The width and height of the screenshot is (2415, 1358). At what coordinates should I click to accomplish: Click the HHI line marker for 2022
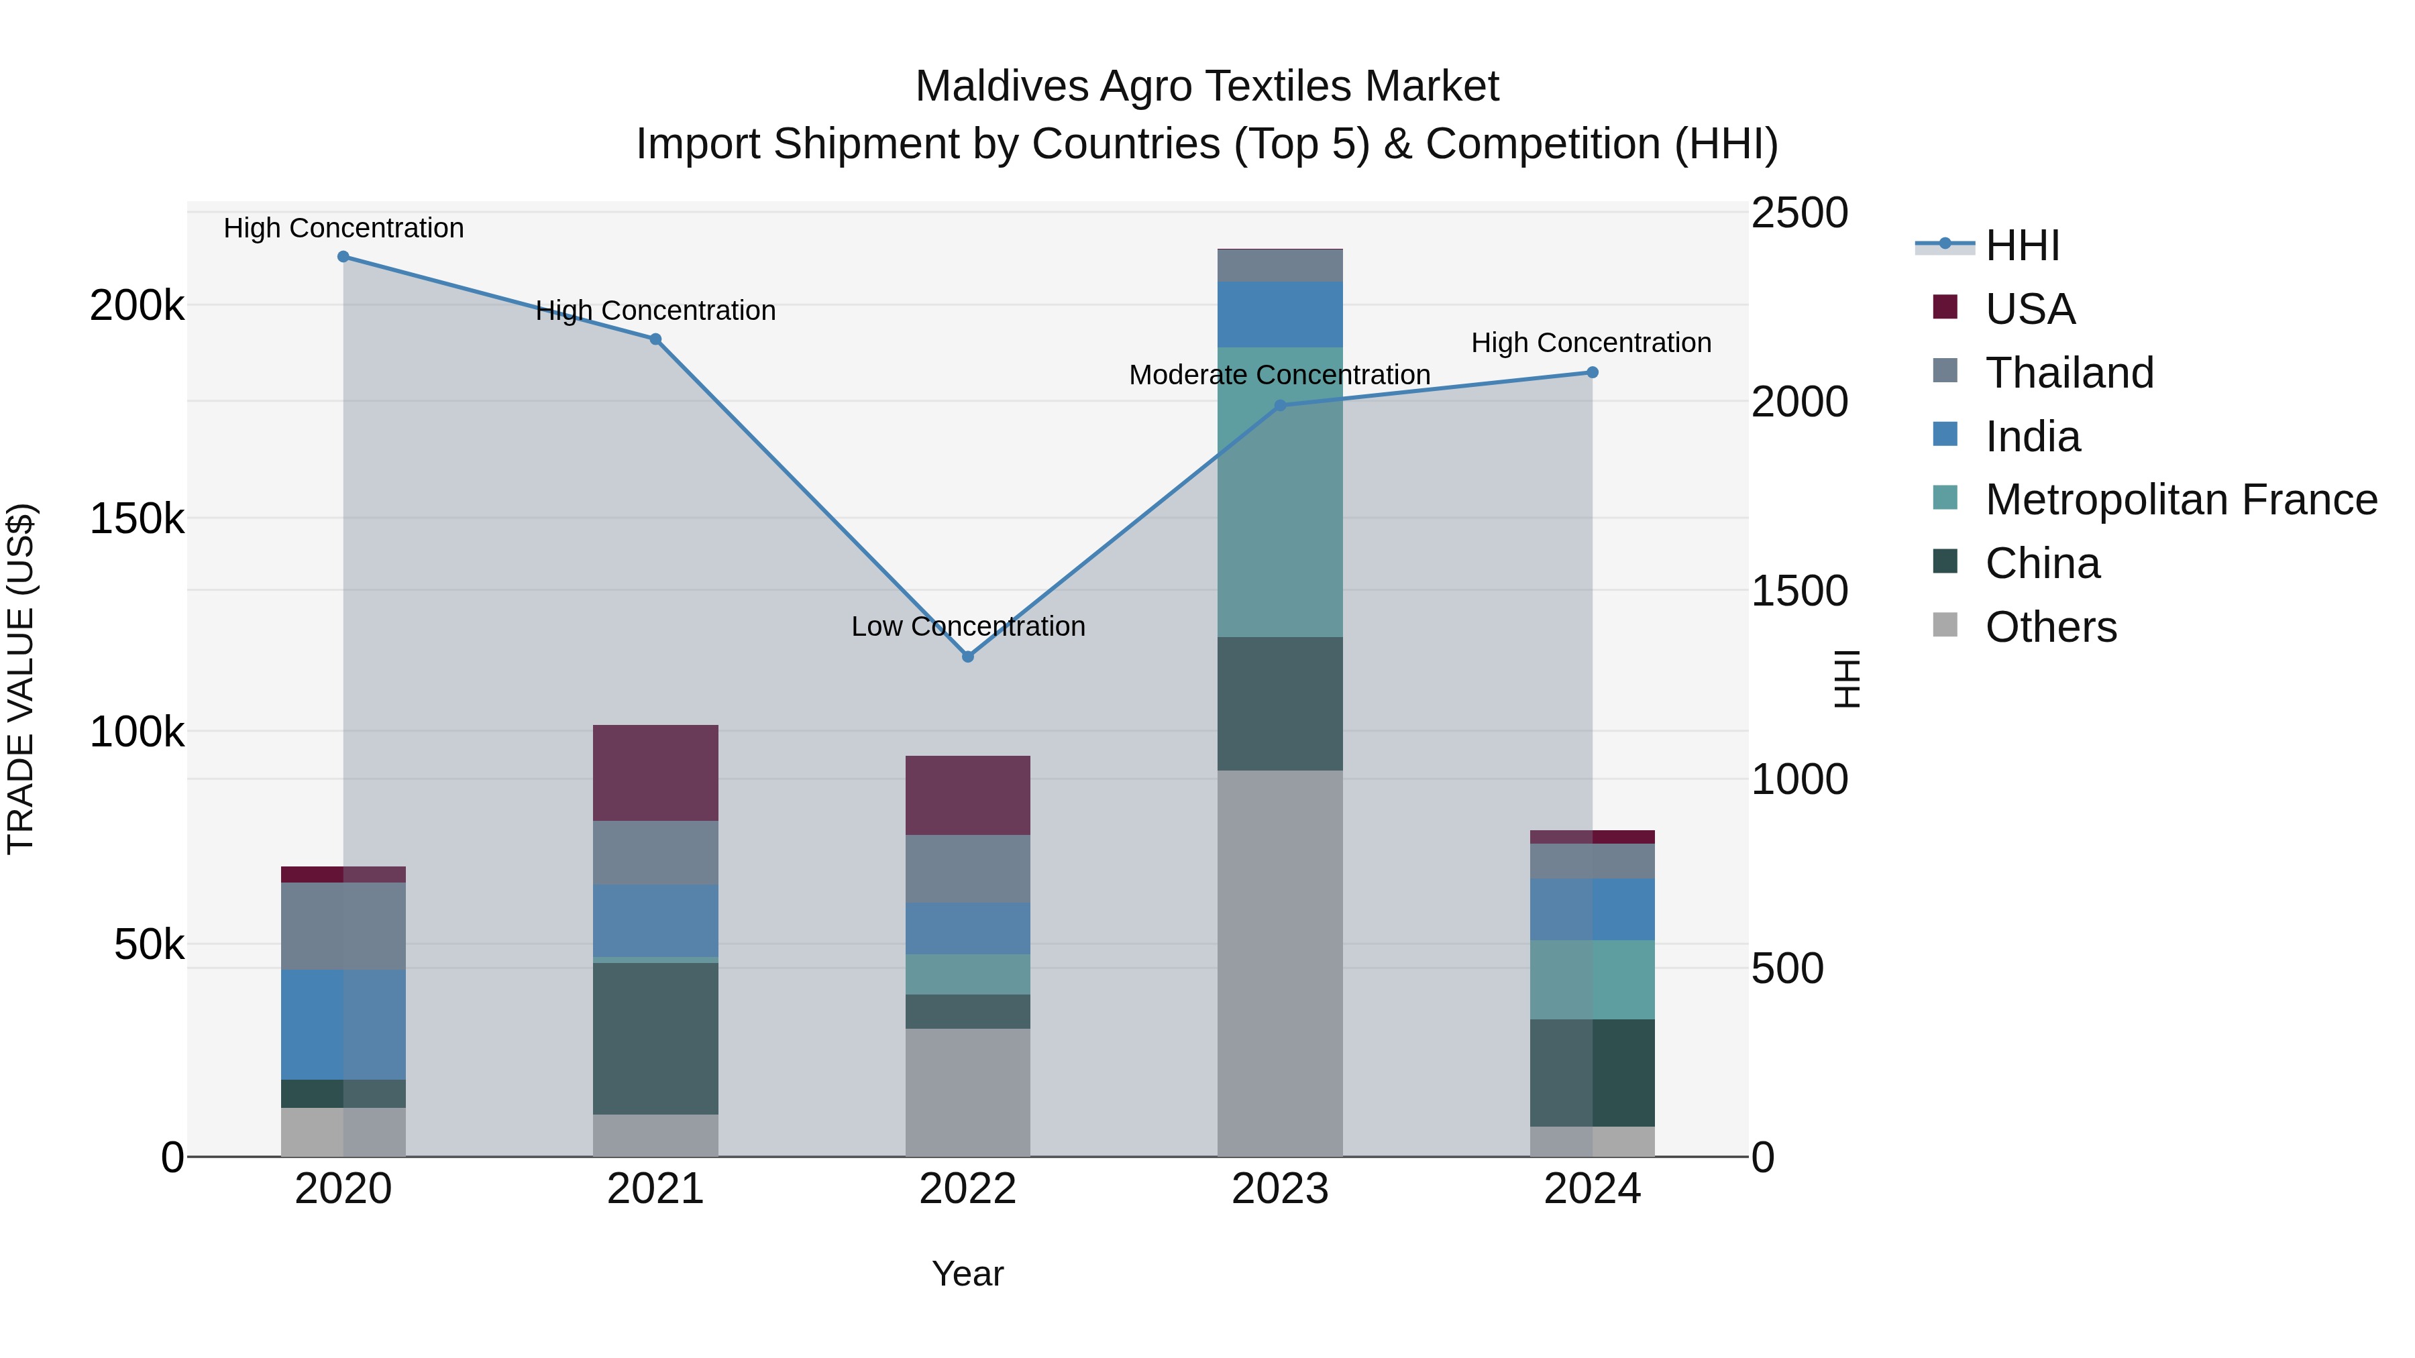(967, 657)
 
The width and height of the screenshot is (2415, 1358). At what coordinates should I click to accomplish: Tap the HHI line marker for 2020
(343, 257)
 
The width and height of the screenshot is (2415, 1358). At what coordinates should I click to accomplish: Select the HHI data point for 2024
(1592, 373)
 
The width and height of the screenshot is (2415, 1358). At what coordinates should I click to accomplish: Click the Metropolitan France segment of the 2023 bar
(1280, 492)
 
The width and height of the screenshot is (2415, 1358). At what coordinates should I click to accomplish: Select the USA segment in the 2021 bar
(655, 773)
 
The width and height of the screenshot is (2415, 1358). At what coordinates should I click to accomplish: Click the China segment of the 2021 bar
(655, 1038)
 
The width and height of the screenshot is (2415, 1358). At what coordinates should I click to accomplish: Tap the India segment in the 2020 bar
(343, 1024)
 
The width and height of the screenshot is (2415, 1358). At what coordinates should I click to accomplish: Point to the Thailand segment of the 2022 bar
(967, 868)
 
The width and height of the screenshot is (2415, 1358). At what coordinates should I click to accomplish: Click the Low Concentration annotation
(967, 626)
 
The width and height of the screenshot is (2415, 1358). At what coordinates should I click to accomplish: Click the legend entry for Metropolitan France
(2181, 500)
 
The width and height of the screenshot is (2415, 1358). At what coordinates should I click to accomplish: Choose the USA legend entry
(2030, 309)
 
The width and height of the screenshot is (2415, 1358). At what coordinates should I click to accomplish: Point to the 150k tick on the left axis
(137, 518)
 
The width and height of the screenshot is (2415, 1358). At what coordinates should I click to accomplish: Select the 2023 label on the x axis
(1280, 1189)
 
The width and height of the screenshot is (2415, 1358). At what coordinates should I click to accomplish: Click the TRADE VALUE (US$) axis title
(21, 679)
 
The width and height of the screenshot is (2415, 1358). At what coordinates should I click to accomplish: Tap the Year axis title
(967, 1274)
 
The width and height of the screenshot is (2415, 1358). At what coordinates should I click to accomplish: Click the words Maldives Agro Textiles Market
(1207, 87)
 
